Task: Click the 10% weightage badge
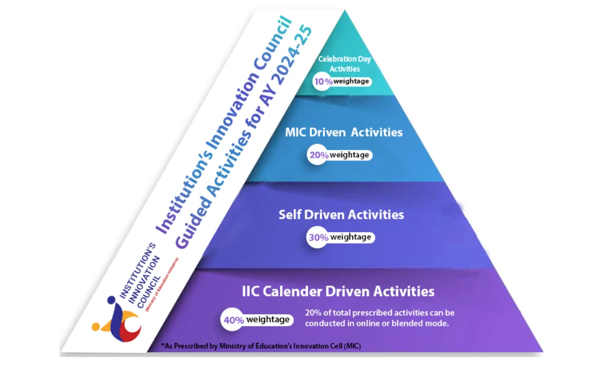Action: [x=342, y=81]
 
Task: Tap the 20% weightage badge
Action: [x=340, y=155]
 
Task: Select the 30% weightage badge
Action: [x=341, y=237]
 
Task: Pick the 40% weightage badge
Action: [x=257, y=320]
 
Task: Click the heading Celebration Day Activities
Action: [x=344, y=64]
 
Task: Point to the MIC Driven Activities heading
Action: [x=344, y=132]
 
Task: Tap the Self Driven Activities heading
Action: [x=341, y=214]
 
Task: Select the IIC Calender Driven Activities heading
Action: [x=338, y=291]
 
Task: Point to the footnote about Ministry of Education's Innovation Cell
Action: [x=261, y=346]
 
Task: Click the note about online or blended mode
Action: [x=379, y=318]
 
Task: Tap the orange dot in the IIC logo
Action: [x=96, y=326]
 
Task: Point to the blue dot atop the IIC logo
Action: [x=111, y=300]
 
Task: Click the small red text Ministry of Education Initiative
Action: [x=162, y=284]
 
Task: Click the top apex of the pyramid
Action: [x=345, y=10]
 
